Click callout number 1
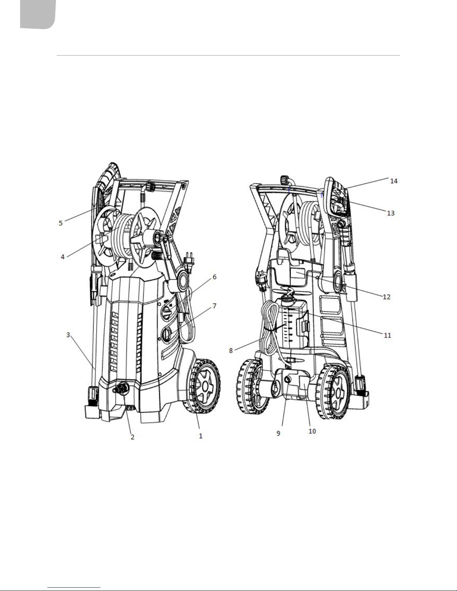[x=201, y=436]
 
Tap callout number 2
[x=132, y=437]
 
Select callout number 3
[x=68, y=335]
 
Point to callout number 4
[x=63, y=257]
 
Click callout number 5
[x=61, y=223]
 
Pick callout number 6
[x=215, y=277]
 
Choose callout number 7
[x=215, y=306]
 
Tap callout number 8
[x=231, y=350]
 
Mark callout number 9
[x=278, y=433]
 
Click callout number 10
[x=312, y=431]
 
